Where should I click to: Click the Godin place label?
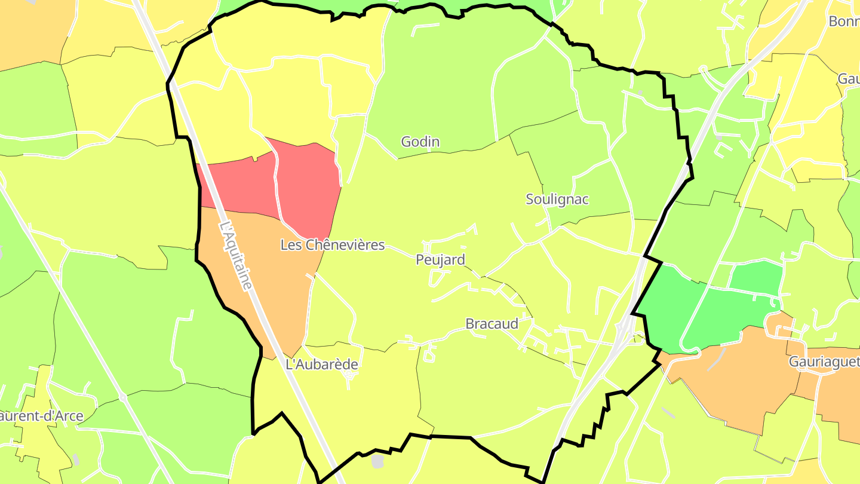pos(420,142)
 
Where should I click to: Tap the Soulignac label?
pos(557,200)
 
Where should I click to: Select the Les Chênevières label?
pos(333,245)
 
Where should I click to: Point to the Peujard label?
pos(440,260)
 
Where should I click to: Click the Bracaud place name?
pos(492,324)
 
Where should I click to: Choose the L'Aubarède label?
pos(322,364)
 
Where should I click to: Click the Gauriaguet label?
pos(824,362)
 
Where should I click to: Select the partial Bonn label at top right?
pos(843,22)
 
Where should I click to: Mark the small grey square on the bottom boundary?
pos(377,461)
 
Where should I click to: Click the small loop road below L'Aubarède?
pos(350,376)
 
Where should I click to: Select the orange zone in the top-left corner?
pos(30,30)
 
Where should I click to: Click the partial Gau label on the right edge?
pos(848,79)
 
